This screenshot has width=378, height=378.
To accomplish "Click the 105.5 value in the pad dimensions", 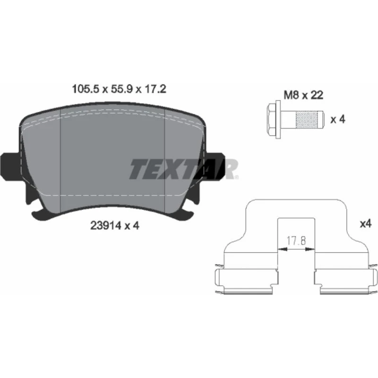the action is click(86, 89).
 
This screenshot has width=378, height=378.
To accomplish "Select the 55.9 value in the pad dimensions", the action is click(121, 89).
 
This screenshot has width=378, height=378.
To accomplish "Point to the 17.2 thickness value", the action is click(155, 89).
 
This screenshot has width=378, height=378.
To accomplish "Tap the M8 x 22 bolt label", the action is click(303, 95).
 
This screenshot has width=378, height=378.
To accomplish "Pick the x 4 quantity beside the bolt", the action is click(338, 120).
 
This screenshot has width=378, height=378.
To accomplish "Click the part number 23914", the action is click(105, 226).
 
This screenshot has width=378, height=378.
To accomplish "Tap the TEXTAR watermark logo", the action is click(184, 169).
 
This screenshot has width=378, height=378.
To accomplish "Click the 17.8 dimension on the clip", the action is click(296, 241).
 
